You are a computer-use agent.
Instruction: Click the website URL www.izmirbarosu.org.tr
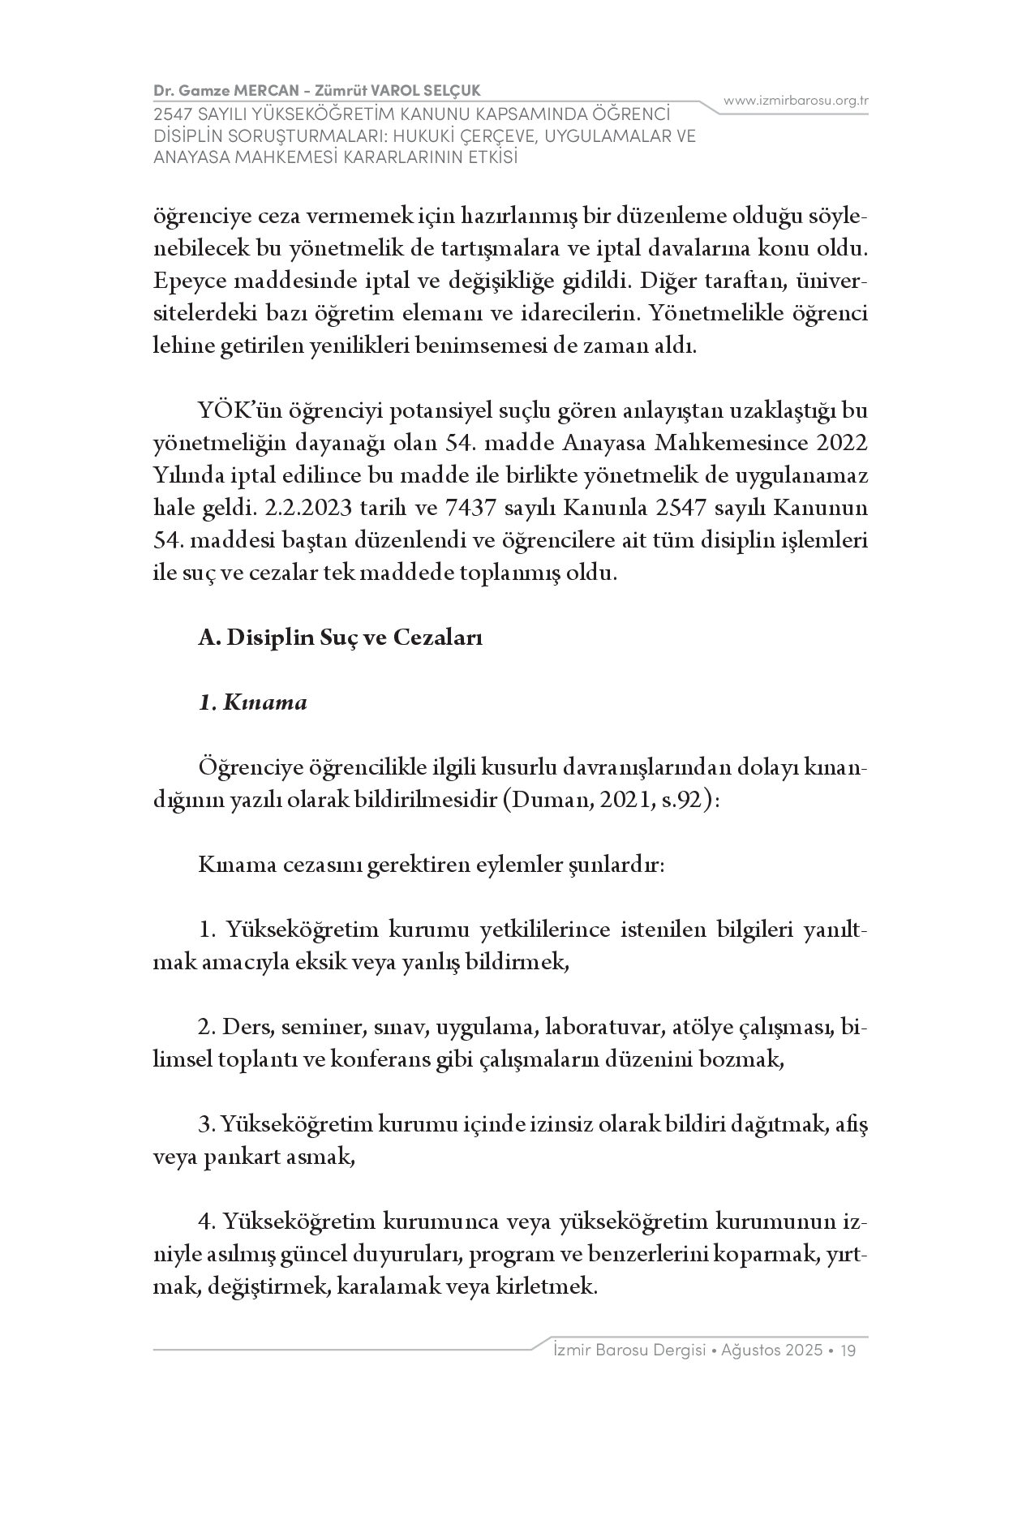(x=796, y=101)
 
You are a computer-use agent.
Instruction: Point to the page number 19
(x=849, y=1350)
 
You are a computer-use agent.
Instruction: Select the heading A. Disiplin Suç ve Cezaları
(x=341, y=638)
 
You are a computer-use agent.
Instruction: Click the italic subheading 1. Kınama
(x=253, y=702)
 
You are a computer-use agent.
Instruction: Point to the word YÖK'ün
(x=231, y=410)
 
